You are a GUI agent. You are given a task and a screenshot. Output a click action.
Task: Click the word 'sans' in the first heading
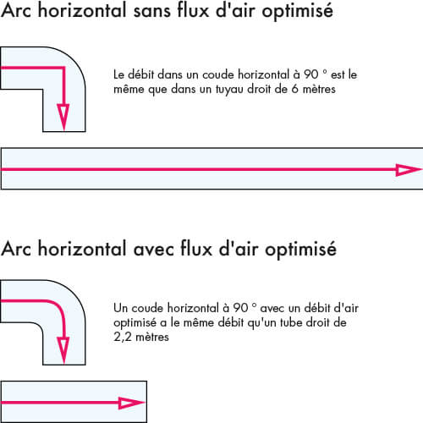(152, 12)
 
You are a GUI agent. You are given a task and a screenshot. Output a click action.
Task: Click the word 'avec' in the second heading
(153, 250)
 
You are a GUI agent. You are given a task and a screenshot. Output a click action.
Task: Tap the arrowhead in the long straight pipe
(409, 170)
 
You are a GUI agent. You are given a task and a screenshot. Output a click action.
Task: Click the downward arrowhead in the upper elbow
(63, 117)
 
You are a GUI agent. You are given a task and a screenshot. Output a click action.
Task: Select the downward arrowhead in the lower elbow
(63, 350)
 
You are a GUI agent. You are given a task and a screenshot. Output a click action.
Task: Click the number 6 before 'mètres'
(294, 89)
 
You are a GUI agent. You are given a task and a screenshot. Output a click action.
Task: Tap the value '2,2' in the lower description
(123, 338)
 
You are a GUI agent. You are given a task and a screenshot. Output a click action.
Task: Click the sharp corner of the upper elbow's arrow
(63, 68)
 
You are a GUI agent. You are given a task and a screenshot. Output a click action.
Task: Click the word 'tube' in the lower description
(292, 322)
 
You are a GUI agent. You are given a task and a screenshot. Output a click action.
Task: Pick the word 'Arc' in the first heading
(16, 11)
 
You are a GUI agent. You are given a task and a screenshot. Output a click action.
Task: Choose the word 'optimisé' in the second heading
(300, 250)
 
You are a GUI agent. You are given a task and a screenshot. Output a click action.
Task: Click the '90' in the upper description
(311, 74)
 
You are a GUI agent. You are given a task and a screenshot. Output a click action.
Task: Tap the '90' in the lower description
(240, 308)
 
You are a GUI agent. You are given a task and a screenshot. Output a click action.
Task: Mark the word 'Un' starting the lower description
(120, 308)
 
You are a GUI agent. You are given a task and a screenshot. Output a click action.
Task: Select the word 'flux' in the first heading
(193, 11)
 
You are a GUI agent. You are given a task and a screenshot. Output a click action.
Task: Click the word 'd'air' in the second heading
(239, 249)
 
